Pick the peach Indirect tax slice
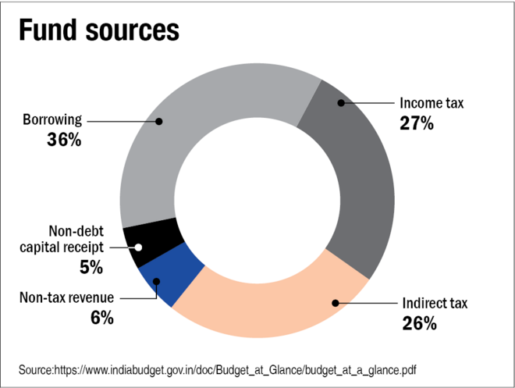point(273,308)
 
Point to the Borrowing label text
point(51,121)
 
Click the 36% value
point(64,141)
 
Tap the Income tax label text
point(432,103)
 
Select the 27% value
point(417,123)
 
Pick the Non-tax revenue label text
point(66,297)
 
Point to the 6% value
point(101,317)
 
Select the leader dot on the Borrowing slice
point(158,121)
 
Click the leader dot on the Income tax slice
point(340,102)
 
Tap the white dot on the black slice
point(138,247)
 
